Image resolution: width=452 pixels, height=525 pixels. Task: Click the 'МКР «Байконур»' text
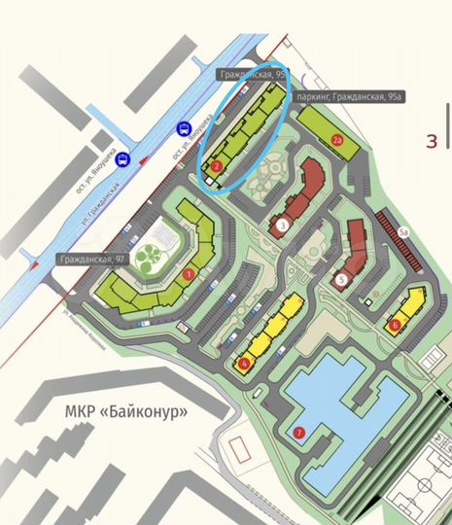coord(125,411)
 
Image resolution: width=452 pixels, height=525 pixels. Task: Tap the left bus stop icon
coord(122,160)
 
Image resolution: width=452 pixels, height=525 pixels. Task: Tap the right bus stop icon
coord(182,128)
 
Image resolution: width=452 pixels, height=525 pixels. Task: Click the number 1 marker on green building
coord(189,274)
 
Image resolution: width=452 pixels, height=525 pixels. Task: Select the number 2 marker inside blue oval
coord(216,166)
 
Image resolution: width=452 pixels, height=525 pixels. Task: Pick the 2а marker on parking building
coord(338,141)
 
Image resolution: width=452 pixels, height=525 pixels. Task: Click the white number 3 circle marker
coord(282,226)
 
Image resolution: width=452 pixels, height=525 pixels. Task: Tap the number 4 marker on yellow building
coord(243,365)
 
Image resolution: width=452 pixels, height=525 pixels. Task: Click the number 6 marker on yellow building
coord(395,325)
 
